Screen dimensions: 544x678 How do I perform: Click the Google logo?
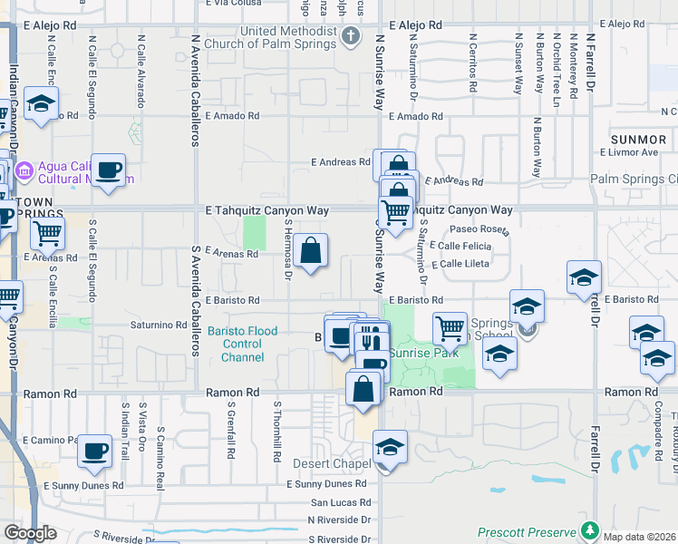[30, 532]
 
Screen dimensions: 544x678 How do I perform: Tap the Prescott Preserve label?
[527, 532]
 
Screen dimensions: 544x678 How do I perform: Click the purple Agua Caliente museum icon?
[24, 169]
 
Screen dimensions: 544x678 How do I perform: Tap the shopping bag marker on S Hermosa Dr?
[310, 251]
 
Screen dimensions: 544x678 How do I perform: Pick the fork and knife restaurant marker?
[370, 338]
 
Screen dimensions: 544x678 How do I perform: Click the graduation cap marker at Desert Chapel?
[390, 447]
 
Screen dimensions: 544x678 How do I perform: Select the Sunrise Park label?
[424, 353]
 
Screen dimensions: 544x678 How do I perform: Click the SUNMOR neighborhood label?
[638, 140]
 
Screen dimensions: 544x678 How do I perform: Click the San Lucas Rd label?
[340, 501]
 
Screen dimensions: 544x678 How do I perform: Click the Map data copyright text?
[638, 537]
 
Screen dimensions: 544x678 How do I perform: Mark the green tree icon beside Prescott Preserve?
[590, 529]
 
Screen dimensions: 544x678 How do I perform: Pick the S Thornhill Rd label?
[277, 431]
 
